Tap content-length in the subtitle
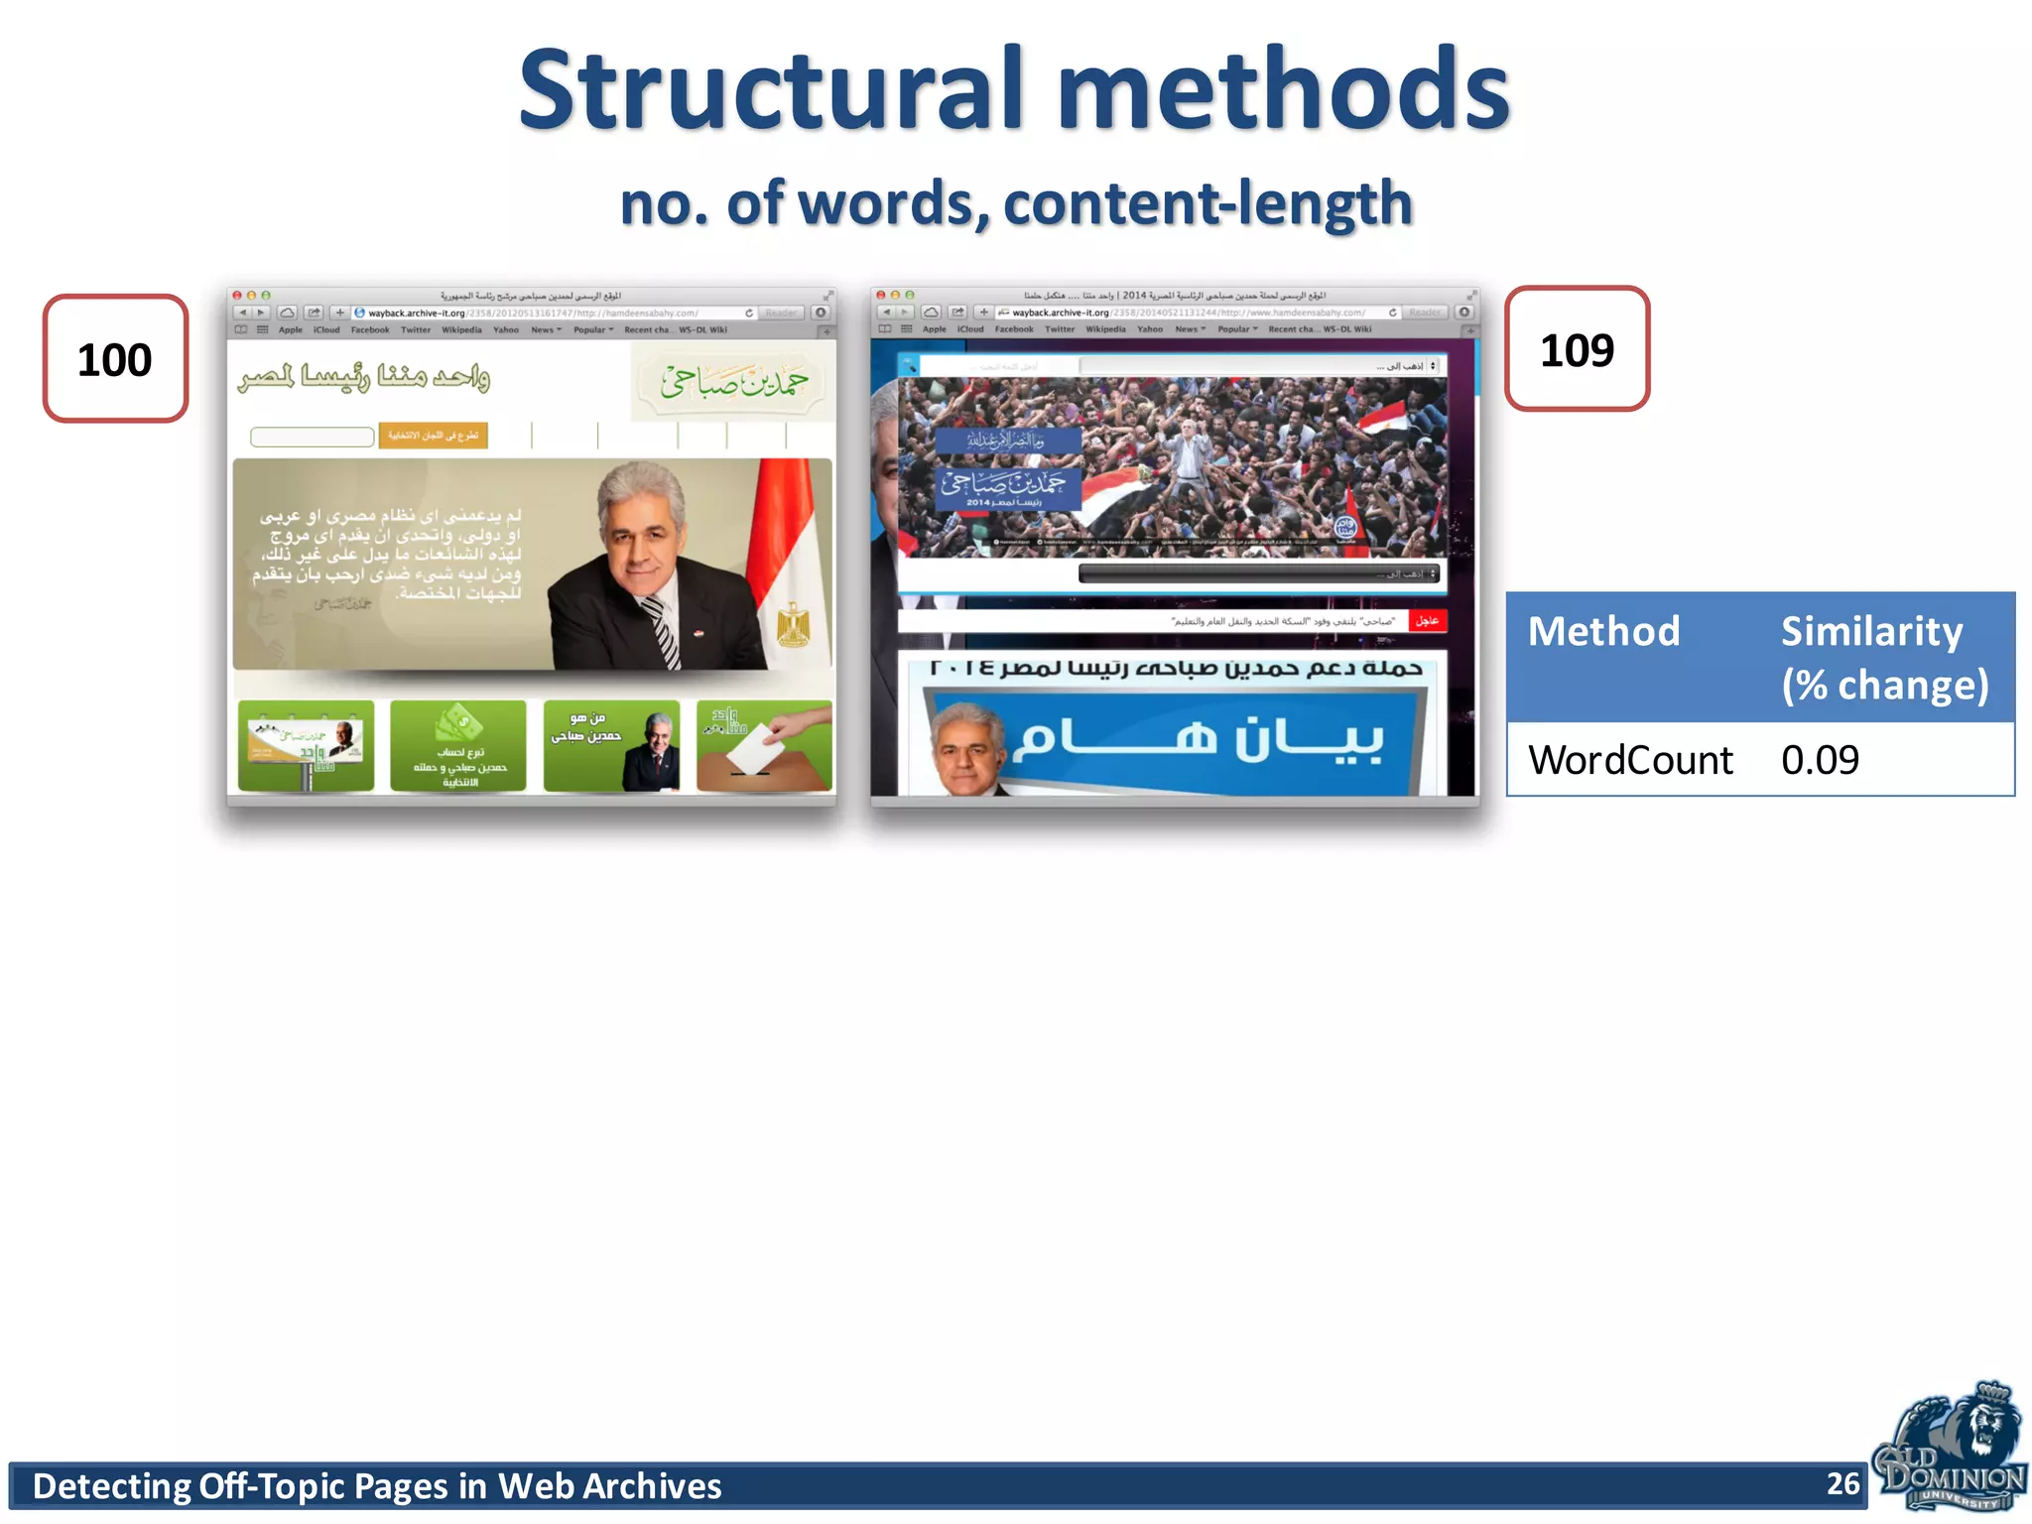(x=1207, y=203)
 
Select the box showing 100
(x=115, y=359)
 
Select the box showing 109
(x=1577, y=349)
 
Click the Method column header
(x=1603, y=632)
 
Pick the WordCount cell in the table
(x=1630, y=760)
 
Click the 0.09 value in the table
(x=1820, y=760)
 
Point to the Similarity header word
(x=1871, y=632)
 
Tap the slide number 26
(x=1842, y=1483)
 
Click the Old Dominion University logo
(x=1949, y=1448)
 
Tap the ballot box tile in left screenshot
(x=764, y=746)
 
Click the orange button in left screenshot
(x=433, y=436)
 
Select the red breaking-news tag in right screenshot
(x=1427, y=621)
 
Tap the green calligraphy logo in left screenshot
(x=733, y=382)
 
